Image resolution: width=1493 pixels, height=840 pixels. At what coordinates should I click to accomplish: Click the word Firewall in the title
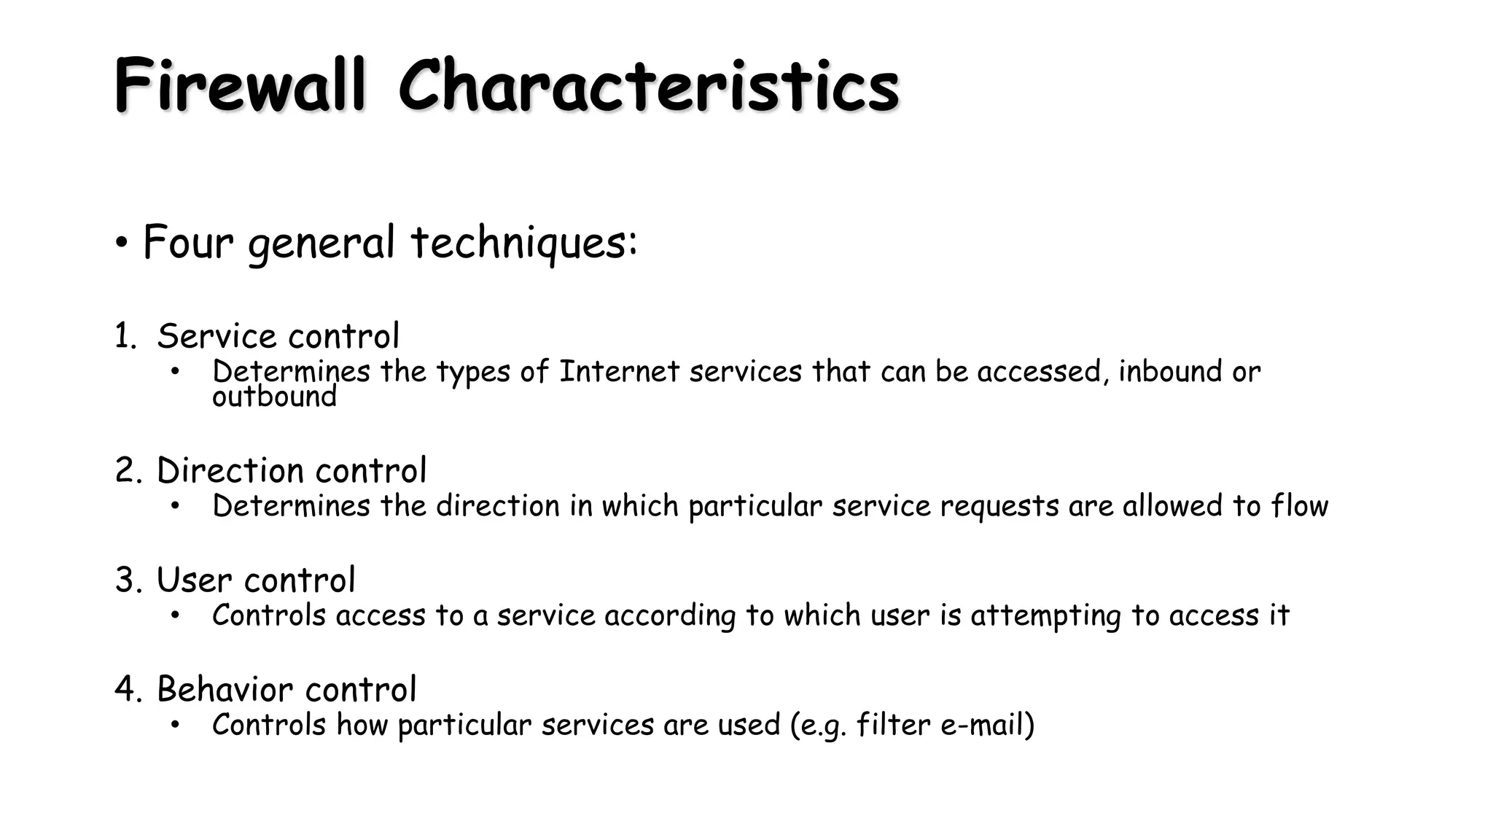click(x=240, y=86)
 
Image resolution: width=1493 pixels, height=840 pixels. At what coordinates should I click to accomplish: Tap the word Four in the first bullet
click(x=187, y=242)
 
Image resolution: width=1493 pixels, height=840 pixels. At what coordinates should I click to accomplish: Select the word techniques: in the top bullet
click(x=524, y=242)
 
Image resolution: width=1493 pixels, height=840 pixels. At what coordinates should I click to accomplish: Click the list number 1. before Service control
click(x=125, y=337)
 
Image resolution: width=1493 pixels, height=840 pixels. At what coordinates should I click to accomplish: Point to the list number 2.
click(x=128, y=471)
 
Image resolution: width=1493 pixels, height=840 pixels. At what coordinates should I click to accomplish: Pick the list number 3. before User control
click(x=128, y=580)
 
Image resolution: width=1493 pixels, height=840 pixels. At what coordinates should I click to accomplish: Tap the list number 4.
click(x=128, y=690)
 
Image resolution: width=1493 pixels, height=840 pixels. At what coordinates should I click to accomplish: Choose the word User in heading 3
click(x=194, y=580)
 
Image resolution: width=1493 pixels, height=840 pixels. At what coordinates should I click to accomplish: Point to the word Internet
click(x=619, y=372)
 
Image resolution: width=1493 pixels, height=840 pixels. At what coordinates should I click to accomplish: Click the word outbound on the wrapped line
click(x=274, y=397)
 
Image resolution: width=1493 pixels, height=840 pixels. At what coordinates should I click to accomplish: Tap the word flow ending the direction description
click(x=1300, y=506)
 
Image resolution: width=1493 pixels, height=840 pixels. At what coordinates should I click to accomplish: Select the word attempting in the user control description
click(x=1045, y=616)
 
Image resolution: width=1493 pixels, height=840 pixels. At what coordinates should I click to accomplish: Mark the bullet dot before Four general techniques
click(x=122, y=243)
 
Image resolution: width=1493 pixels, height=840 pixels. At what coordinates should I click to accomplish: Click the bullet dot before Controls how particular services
click(x=175, y=726)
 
